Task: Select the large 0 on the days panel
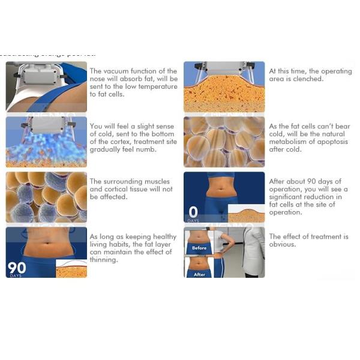tap(193, 212)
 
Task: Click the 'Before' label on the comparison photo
tap(199, 247)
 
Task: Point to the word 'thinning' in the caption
tap(104, 260)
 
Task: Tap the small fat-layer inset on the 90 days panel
tap(71, 268)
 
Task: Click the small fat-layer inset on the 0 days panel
tap(247, 213)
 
